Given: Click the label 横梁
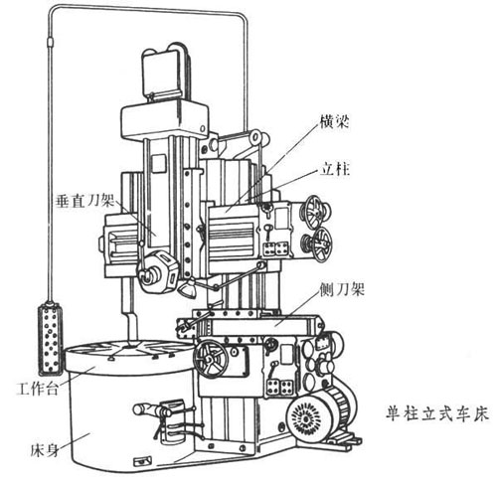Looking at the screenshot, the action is coord(334,121).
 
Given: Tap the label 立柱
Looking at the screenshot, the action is coord(335,169).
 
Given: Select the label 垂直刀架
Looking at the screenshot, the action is coord(85,201).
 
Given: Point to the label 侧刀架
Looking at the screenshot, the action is coord(342,289).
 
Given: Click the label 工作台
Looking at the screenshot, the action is coord(38,389).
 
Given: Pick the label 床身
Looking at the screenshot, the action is coord(45,450).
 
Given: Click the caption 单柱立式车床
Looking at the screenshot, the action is coord(437,413).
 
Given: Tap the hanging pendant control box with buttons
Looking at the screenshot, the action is coord(50,339).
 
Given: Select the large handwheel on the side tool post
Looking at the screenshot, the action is coord(210,360).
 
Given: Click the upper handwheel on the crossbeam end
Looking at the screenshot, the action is coord(314,212).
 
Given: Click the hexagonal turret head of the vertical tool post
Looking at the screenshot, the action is coord(157,272).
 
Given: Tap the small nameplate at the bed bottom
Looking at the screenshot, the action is coord(142,461).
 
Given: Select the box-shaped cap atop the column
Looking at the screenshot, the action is coord(165,120).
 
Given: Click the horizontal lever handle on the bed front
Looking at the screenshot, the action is coord(152,410).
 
